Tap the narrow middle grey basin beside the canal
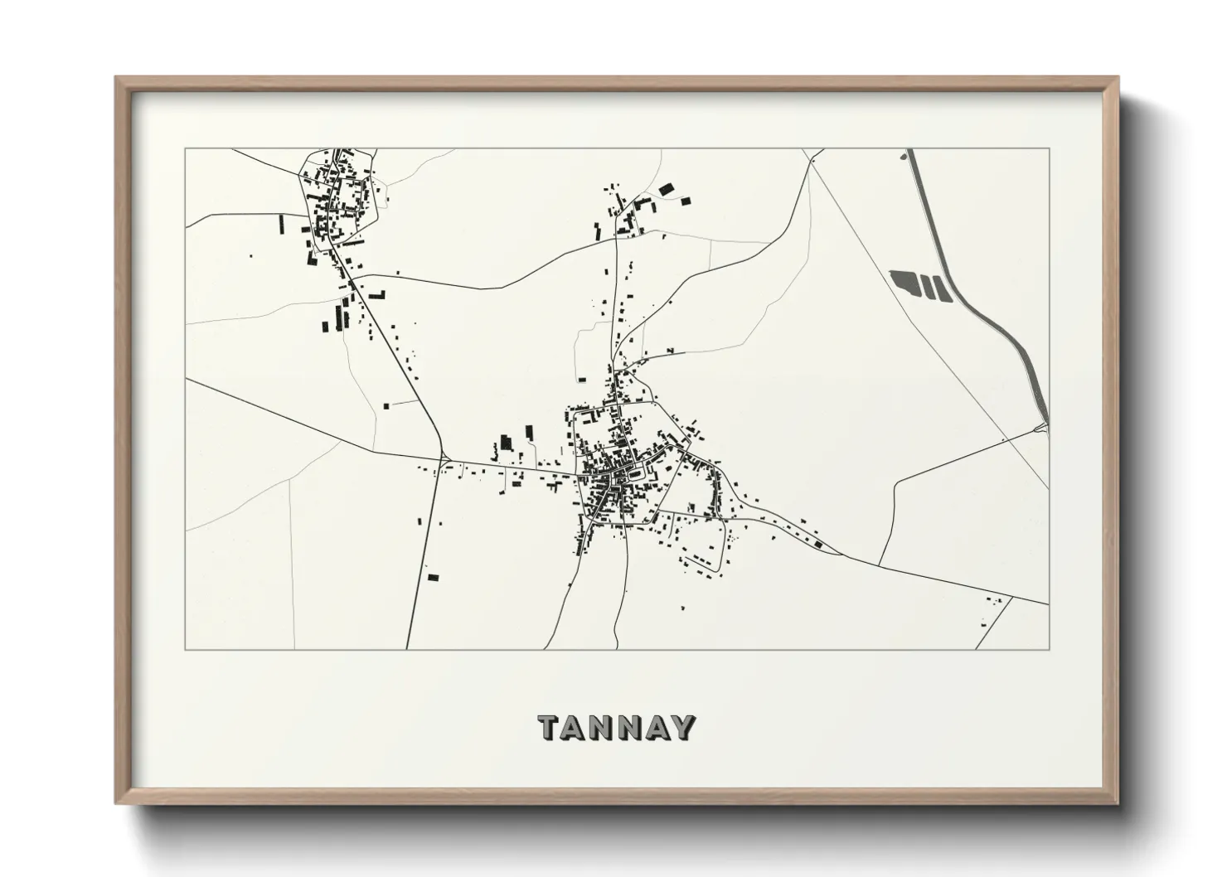[926, 287]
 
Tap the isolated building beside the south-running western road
[432, 576]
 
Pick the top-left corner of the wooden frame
[116, 78]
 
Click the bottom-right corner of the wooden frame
[1116, 803]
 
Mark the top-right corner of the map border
[1049, 149]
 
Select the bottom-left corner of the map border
[185, 649]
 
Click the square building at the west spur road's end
[386, 405]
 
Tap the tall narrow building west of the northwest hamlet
[280, 223]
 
